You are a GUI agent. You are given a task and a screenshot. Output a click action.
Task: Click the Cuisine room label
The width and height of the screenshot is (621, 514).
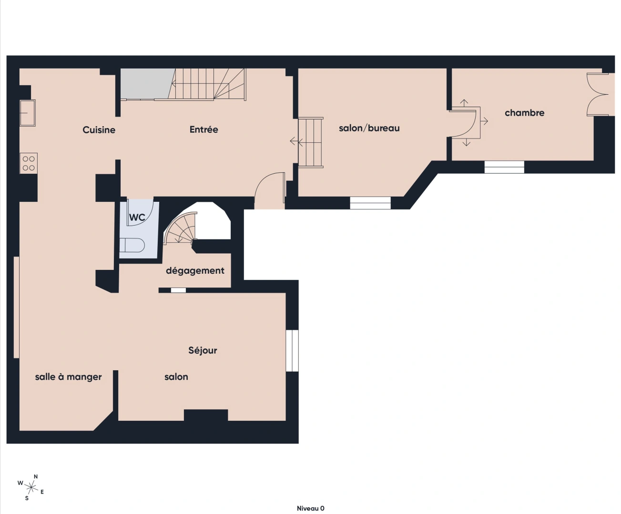99,130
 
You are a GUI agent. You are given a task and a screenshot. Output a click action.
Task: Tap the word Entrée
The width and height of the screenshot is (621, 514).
204,129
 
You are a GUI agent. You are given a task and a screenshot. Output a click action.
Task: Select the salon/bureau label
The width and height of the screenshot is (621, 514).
369,128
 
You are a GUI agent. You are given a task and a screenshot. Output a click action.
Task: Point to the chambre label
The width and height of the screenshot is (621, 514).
524,113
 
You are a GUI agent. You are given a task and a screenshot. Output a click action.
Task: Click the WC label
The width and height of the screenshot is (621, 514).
137,217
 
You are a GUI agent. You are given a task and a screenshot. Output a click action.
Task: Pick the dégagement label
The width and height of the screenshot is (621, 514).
195,271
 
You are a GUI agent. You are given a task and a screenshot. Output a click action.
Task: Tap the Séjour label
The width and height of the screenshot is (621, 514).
203,351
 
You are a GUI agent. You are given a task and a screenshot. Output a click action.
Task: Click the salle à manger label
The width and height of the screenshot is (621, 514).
68,377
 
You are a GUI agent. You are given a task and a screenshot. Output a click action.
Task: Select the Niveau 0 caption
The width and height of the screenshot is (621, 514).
310,508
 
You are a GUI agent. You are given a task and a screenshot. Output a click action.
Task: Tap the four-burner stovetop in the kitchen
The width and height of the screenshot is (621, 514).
29,163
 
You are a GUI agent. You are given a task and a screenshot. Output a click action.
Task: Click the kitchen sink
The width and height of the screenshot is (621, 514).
28,113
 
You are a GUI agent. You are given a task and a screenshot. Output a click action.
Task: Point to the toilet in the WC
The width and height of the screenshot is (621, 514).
132,245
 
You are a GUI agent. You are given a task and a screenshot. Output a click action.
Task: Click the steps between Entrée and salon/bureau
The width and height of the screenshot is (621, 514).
311,142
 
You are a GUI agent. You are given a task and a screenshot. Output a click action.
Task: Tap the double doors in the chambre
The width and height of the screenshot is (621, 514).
598,94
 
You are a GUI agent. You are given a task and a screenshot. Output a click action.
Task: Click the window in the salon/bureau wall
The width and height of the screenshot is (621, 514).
370,203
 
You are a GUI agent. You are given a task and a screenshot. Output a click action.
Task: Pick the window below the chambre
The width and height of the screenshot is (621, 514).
504,167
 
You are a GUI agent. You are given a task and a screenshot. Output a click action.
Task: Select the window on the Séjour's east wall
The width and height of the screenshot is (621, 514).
292,351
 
